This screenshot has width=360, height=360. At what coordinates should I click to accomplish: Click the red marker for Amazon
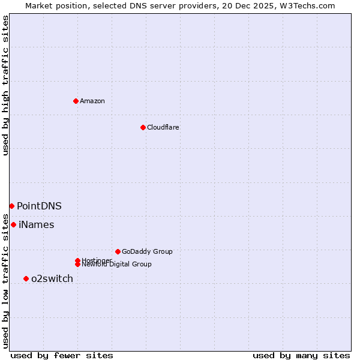pos(76,101)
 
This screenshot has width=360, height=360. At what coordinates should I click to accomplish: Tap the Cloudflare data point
pos(143,127)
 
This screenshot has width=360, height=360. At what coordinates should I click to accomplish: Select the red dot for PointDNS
pos(11,206)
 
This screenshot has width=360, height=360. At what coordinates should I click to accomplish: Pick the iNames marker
pos(13,224)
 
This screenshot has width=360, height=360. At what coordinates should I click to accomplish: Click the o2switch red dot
pos(26,278)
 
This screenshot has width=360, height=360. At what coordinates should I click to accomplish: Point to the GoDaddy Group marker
pos(118,251)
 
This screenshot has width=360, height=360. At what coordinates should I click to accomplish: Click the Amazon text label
pos(92,101)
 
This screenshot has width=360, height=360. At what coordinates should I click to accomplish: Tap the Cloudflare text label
pos(163,127)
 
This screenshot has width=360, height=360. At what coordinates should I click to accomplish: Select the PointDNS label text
pos(39,206)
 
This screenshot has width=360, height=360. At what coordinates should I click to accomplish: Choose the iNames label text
pos(36,225)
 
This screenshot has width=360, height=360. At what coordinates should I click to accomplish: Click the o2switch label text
pos(52,278)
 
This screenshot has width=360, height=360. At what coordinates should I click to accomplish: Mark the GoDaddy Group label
pos(147,251)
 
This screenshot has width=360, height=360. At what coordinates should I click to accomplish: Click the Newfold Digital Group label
pos(118,265)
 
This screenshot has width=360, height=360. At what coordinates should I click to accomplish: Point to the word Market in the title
pos(40,6)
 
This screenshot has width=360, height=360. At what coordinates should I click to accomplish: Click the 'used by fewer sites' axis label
pos(62,355)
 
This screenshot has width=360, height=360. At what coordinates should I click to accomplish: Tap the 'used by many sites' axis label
pos(301,355)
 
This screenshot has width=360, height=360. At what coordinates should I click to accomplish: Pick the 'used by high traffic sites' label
pos(5,85)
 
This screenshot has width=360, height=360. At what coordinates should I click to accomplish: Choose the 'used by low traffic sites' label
pos(5,280)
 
